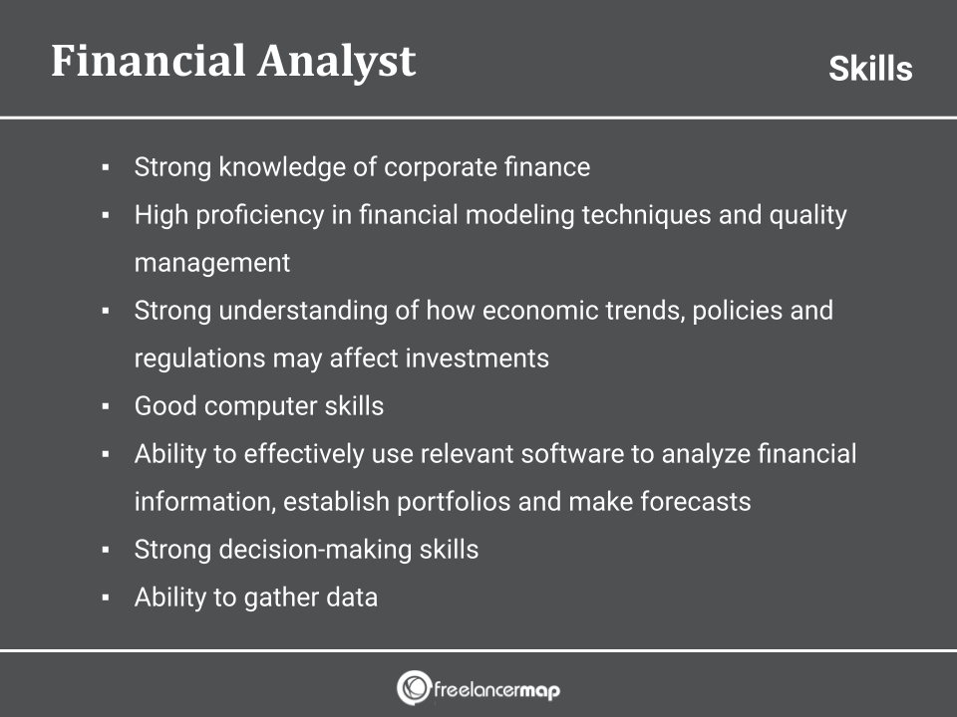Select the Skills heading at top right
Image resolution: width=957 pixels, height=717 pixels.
(x=870, y=69)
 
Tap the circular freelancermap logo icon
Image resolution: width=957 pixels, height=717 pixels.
(x=413, y=687)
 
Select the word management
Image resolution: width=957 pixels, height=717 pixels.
(x=212, y=263)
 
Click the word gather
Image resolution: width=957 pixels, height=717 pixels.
(x=281, y=597)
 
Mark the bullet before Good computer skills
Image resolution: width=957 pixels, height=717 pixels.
(x=105, y=407)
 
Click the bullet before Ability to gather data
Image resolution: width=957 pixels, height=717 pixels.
(x=105, y=598)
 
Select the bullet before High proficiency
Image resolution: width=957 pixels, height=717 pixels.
(x=105, y=216)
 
